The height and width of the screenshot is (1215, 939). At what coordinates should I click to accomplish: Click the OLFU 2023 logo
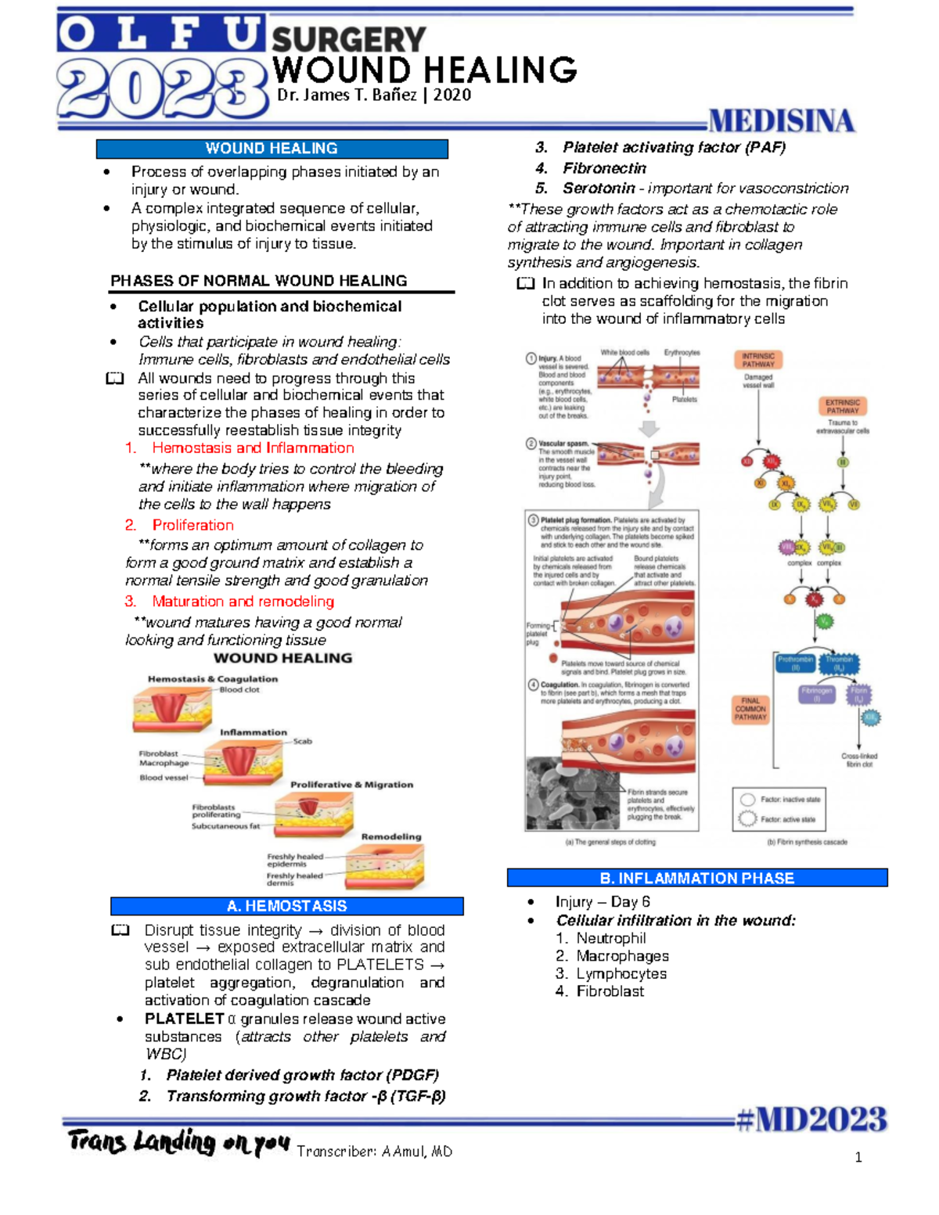[x=160, y=69]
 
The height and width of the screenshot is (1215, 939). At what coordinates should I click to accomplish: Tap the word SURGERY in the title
[x=348, y=40]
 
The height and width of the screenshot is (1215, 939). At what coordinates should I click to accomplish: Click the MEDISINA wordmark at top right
[x=780, y=121]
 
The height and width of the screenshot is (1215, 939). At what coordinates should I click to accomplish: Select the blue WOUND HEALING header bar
[x=272, y=149]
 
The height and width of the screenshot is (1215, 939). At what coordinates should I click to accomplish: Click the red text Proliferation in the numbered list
[x=192, y=525]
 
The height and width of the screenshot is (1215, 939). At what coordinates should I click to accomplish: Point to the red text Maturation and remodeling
[x=243, y=601]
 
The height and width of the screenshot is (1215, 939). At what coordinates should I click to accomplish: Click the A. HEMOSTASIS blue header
[x=286, y=906]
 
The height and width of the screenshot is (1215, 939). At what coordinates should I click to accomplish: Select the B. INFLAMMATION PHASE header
[x=696, y=878]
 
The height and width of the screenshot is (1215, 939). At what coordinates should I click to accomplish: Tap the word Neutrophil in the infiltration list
[x=611, y=938]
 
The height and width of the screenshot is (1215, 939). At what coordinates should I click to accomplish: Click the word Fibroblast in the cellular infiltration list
[x=610, y=991]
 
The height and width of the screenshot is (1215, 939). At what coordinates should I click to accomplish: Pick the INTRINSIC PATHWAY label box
[x=758, y=360]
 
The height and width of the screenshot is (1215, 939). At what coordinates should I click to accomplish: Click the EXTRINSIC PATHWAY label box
[x=843, y=406]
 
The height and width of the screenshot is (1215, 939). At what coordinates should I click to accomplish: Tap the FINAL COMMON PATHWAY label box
[x=750, y=709]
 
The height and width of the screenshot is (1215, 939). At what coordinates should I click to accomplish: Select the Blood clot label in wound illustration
[x=239, y=690]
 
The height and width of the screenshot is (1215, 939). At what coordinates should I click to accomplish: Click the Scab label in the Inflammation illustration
[x=302, y=741]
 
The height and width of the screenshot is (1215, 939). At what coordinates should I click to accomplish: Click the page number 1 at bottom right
[x=858, y=1158]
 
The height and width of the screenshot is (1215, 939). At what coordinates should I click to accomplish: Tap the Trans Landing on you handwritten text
[x=178, y=1142]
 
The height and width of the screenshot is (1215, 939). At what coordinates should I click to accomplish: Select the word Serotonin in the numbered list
[x=599, y=189]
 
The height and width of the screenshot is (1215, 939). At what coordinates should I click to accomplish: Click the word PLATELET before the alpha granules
[x=185, y=1019]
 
